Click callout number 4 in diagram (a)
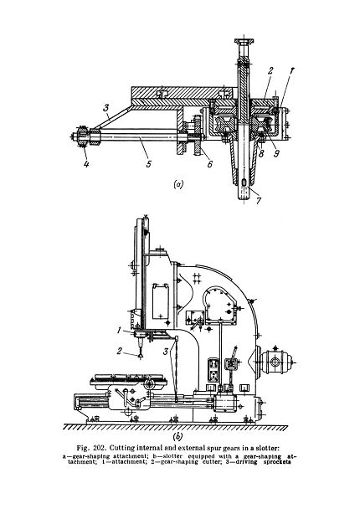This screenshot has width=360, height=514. [x=86, y=163]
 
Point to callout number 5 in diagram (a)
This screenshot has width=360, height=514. [x=149, y=163]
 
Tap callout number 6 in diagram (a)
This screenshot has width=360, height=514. [x=210, y=163]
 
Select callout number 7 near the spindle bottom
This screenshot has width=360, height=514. [x=259, y=200]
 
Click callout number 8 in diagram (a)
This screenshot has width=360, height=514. [x=261, y=153]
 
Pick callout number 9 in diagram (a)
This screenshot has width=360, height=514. [x=276, y=153]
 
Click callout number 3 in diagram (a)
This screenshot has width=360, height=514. [x=106, y=107]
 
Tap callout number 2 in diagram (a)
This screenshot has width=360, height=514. [x=270, y=71]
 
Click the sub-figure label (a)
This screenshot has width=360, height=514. [x=178, y=184]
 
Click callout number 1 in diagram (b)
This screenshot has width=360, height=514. [x=120, y=331]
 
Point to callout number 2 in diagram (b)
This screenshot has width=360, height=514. [x=120, y=351]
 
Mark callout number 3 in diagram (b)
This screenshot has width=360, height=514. [x=166, y=352]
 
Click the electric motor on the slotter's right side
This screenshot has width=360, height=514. [x=276, y=362]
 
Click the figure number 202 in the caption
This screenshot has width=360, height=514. [x=100, y=448]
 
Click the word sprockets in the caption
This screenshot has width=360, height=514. [x=277, y=462]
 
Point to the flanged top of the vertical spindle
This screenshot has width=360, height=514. [x=244, y=41]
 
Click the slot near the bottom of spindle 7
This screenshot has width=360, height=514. [x=244, y=182]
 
